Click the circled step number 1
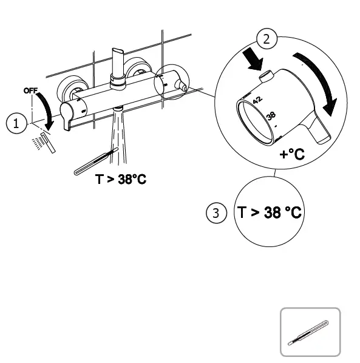click(x=16, y=124)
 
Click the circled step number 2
click(x=265, y=39)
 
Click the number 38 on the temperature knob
click(x=271, y=115)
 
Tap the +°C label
click(x=292, y=154)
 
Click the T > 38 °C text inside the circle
click(x=270, y=213)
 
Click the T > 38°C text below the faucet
click(x=121, y=180)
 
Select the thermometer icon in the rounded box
click(x=310, y=331)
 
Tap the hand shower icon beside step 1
click(x=45, y=141)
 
